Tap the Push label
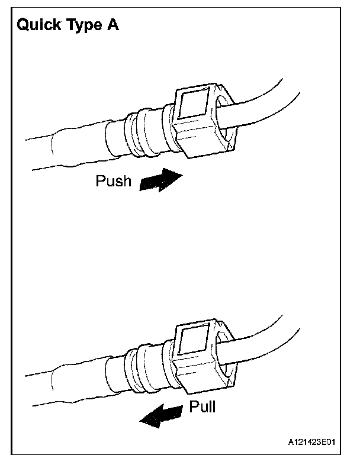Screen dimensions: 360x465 click(x=113, y=181)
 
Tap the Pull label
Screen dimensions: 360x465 click(x=202, y=407)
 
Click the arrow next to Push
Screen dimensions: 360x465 click(x=160, y=180)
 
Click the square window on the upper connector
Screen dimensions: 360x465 click(x=195, y=107)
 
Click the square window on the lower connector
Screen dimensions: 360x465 click(x=192, y=343)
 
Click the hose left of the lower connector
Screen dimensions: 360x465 click(x=65, y=382)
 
